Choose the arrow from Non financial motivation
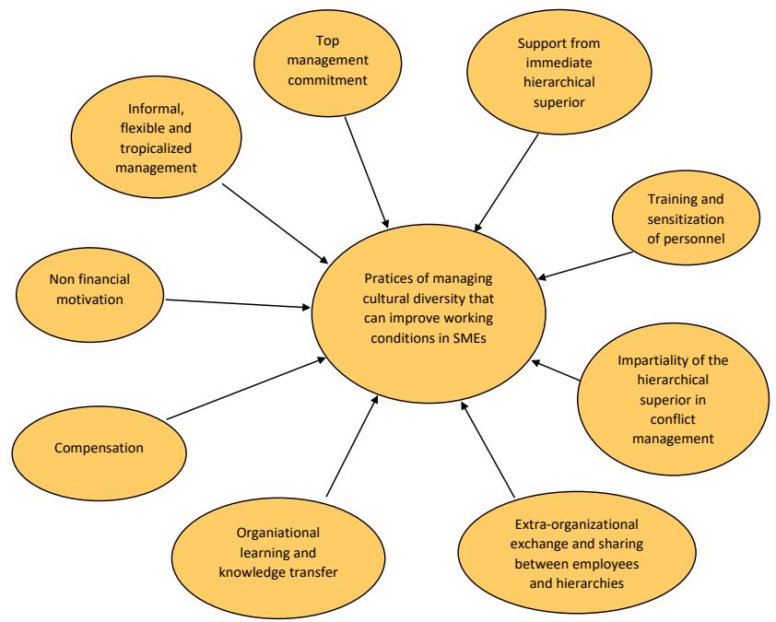point(238,303)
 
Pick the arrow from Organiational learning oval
point(352,443)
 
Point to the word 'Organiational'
point(254,532)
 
